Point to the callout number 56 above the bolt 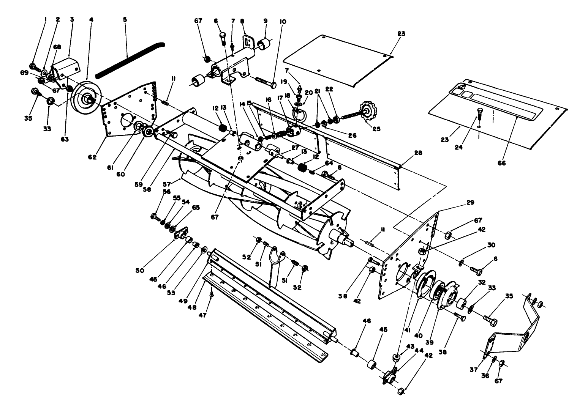click(166, 192)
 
